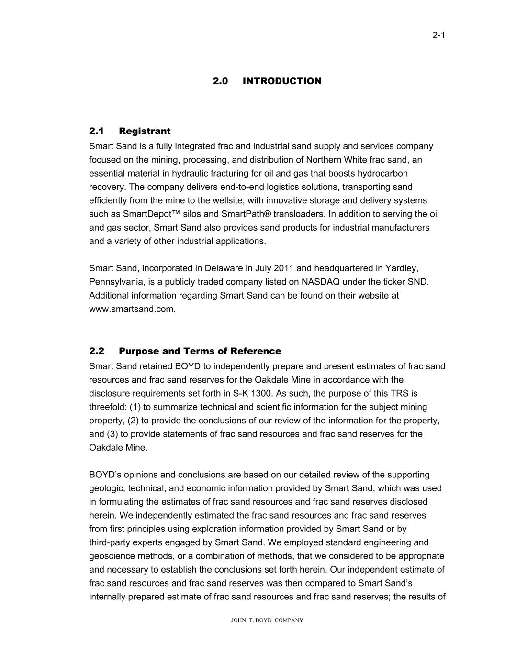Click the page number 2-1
pyautogui.click(x=439, y=35)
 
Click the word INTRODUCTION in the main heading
pyautogui.click(x=282, y=81)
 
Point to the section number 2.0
pyautogui.click(x=220, y=81)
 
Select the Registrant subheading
pyautogui.click(x=145, y=131)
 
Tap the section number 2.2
pyautogui.click(x=97, y=351)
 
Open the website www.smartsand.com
pyautogui.click(x=132, y=309)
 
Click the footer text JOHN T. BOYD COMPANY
pyautogui.click(x=267, y=620)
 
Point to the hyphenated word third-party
pyautogui.click(x=111, y=542)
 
